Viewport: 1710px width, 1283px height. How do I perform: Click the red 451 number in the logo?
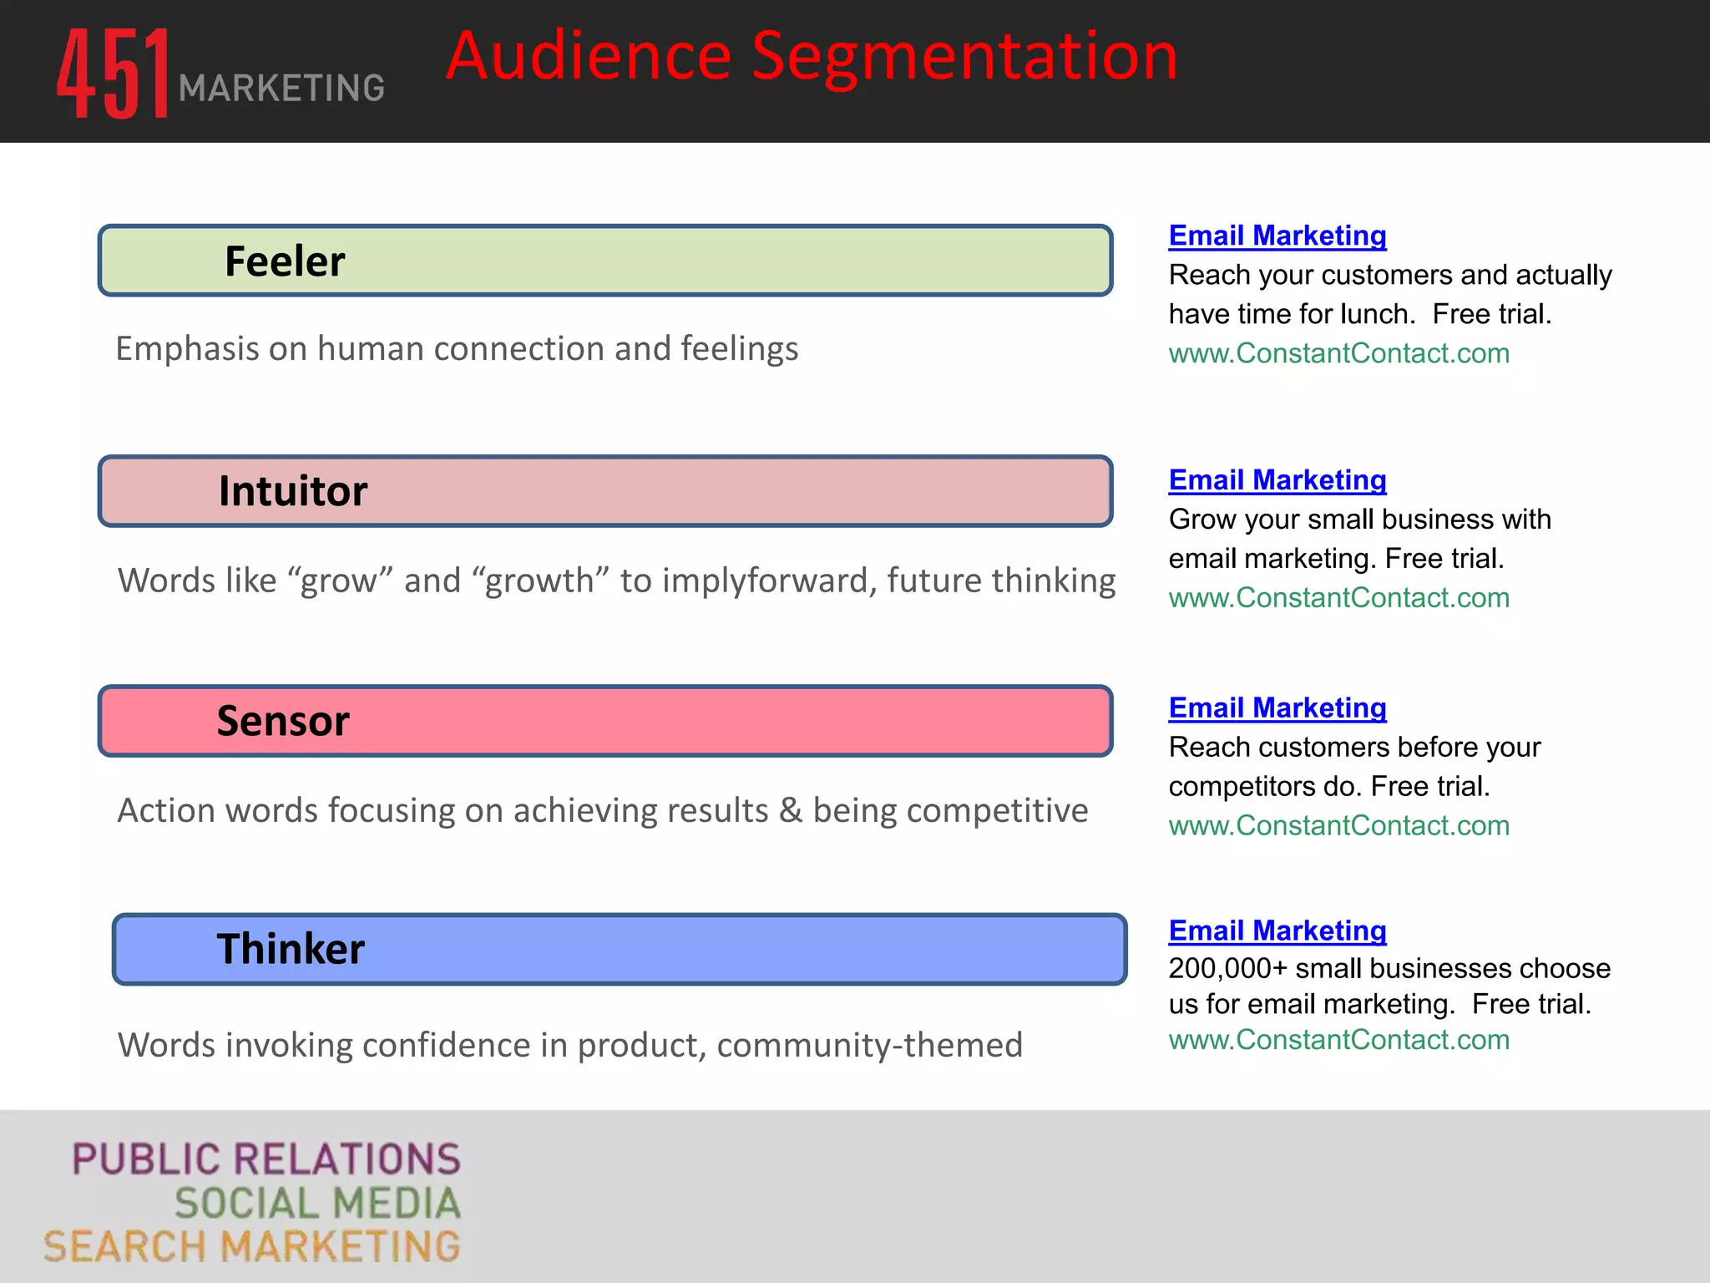click(113, 74)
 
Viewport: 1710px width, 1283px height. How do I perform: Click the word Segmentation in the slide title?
click(964, 57)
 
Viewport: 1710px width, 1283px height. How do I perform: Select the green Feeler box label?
click(285, 261)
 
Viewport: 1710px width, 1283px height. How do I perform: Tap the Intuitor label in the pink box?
click(293, 491)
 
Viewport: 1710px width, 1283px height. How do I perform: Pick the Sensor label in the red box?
click(283, 721)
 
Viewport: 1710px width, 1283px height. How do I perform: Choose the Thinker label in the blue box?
click(291, 949)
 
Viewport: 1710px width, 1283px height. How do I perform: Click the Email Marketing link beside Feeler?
click(1277, 236)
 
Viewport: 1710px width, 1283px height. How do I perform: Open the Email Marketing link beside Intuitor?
click(1277, 480)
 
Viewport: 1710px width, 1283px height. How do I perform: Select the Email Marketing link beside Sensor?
click(1277, 708)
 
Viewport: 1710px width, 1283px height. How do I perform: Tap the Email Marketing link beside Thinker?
click(1277, 931)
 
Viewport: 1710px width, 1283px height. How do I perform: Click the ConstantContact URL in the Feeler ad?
click(1338, 353)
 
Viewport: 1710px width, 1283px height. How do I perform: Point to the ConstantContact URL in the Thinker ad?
click(1338, 1040)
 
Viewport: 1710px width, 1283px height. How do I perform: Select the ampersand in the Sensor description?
click(791, 810)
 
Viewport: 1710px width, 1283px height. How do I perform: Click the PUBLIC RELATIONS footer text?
click(266, 1159)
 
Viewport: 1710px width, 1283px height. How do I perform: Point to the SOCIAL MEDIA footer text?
click(317, 1204)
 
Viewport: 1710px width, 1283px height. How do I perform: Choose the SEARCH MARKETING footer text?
click(252, 1247)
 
